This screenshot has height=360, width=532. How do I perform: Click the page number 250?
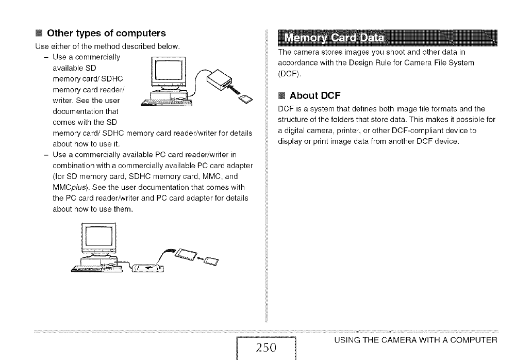tap(266, 347)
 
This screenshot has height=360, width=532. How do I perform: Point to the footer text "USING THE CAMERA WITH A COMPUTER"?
tap(415, 340)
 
